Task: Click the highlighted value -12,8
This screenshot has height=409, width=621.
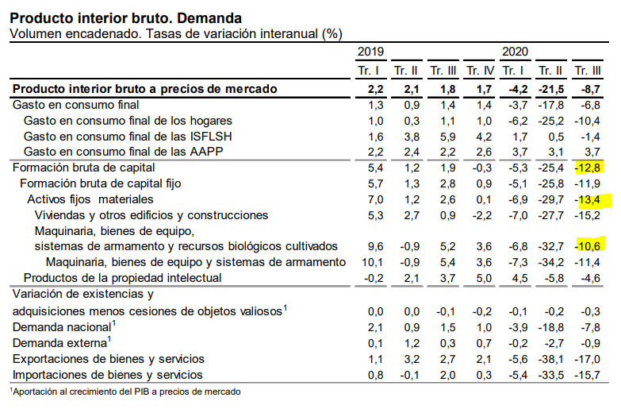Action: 588,168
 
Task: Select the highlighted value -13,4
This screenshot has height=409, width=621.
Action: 588,199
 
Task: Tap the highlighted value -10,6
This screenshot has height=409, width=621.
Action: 588,246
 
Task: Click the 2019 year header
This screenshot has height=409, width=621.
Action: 371,52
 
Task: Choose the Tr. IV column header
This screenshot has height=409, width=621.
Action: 481,71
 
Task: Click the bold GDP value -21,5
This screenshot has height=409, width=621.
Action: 550,88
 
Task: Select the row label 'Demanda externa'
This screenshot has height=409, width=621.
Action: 59,343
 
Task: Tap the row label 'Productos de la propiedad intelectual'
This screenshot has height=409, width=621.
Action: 122,278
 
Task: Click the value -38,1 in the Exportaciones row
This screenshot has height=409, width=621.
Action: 550,359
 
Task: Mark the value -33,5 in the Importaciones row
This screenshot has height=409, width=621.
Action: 550,375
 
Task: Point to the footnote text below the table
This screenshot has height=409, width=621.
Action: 125,392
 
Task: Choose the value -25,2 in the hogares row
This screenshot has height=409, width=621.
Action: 550,120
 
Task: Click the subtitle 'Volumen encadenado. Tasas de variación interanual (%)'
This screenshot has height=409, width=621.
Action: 175,33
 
